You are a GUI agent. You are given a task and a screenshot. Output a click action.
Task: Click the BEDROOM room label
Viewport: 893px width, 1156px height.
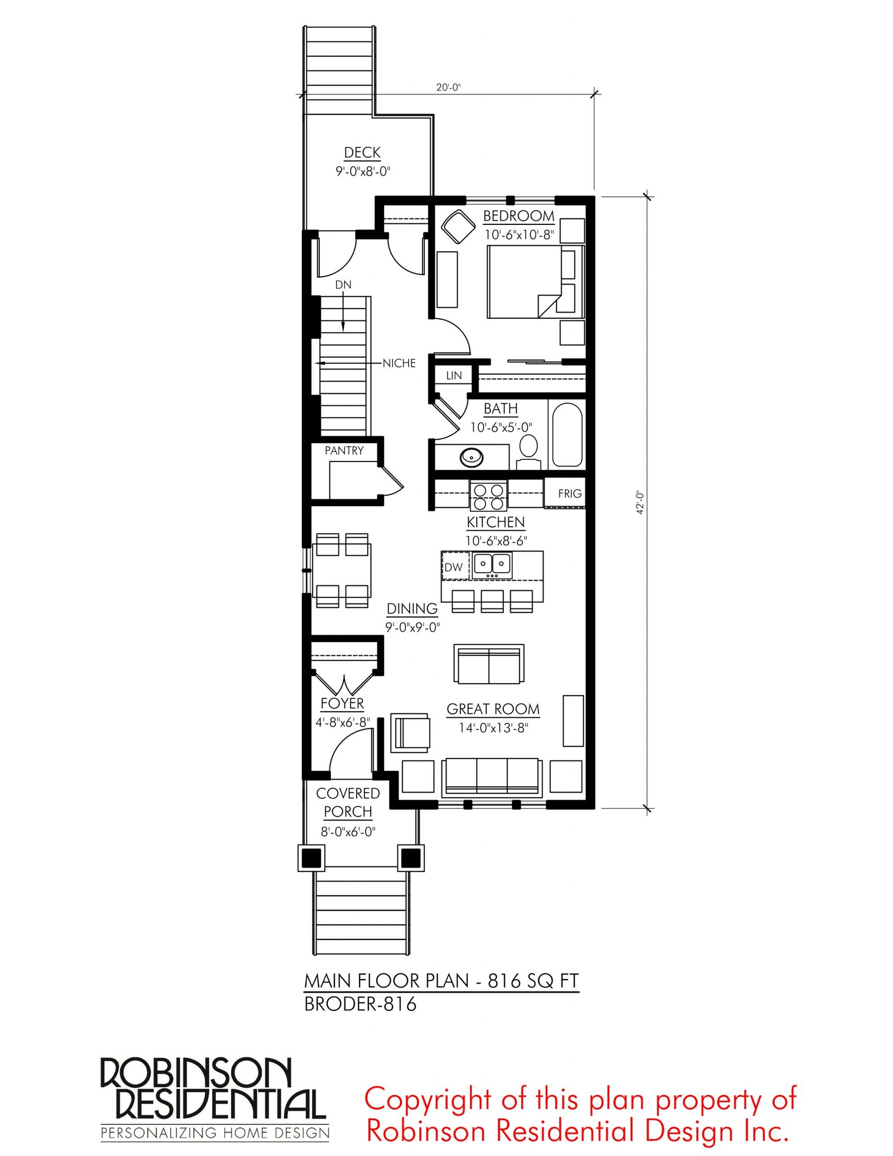(x=518, y=216)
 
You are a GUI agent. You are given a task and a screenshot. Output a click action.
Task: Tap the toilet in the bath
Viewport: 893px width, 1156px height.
(x=528, y=453)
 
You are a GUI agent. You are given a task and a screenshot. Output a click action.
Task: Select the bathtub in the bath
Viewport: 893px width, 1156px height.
(x=566, y=435)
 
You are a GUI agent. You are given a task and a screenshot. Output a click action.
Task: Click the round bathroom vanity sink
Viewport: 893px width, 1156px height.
(x=472, y=457)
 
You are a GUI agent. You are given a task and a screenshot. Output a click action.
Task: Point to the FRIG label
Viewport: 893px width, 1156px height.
(x=570, y=493)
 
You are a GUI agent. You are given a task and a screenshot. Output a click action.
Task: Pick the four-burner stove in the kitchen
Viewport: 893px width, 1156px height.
(x=488, y=496)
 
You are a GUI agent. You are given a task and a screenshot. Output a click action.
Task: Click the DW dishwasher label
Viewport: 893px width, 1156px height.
(x=454, y=567)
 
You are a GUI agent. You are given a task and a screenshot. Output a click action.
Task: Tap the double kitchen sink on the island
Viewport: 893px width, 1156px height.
(x=492, y=565)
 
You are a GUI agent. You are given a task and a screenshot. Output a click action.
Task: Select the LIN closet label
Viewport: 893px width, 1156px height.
(x=454, y=376)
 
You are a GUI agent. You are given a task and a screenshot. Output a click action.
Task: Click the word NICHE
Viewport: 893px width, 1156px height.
(x=399, y=363)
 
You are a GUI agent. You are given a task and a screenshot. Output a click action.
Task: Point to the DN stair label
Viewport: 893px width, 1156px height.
(x=343, y=285)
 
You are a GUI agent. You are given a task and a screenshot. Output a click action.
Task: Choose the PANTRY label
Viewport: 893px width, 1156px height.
(x=344, y=450)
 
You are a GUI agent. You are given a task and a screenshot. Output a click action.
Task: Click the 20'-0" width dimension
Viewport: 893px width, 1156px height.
(x=448, y=88)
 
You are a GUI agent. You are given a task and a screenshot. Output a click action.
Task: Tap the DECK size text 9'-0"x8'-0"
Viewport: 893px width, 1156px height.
(x=363, y=171)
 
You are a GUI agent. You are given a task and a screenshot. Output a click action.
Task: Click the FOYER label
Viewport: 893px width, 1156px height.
(x=342, y=703)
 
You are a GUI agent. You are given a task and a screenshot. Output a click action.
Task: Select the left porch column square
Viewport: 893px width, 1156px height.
(x=311, y=858)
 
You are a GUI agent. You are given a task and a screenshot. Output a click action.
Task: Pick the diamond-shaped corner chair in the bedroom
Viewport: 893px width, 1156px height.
(x=458, y=227)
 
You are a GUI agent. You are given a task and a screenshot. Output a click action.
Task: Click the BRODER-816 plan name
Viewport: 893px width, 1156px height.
(x=360, y=1005)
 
